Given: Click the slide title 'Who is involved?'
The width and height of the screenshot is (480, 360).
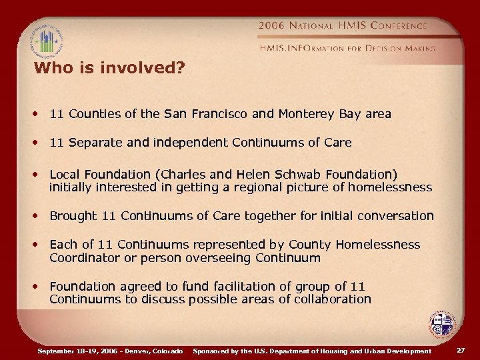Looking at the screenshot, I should point(109,68).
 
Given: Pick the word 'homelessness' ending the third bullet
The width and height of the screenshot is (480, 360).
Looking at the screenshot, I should point(393,187).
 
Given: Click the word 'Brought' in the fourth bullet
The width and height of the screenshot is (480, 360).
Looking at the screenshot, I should point(73,216).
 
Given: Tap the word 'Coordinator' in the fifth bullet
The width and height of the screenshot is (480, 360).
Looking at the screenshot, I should point(83,257).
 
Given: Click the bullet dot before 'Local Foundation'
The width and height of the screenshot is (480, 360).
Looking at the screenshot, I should point(38,175).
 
